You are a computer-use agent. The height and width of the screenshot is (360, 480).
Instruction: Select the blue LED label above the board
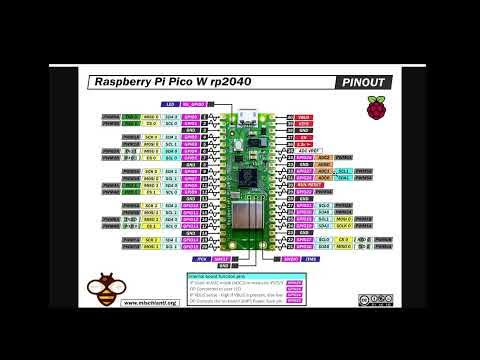point(171,104)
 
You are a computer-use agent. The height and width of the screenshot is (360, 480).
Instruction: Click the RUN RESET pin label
point(306,185)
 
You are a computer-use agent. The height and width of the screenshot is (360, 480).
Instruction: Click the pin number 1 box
point(205,115)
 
